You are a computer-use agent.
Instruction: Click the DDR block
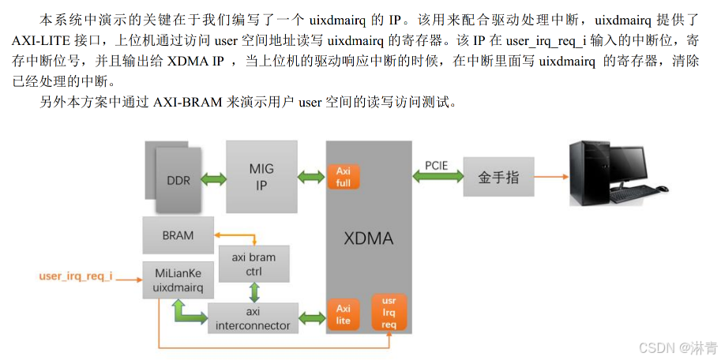[x=178, y=179]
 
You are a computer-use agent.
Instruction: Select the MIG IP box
[x=261, y=178]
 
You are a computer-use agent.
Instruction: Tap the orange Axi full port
[x=344, y=177]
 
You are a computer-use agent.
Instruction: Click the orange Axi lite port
[x=344, y=314]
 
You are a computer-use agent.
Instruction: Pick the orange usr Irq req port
[x=389, y=312]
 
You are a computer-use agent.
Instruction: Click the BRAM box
[x=178, y=235]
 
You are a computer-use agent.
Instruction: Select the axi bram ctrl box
[x=253, y=264]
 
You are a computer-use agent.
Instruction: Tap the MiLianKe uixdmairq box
[x=178, y=279]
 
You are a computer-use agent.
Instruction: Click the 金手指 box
[x=498, y=178]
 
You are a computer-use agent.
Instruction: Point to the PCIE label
[x=437, y=165]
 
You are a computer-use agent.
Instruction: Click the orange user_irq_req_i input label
[x=76, y=276]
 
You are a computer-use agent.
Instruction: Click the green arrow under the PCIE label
[x=437, y=178]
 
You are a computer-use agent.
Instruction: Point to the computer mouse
[x=662, y=189]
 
